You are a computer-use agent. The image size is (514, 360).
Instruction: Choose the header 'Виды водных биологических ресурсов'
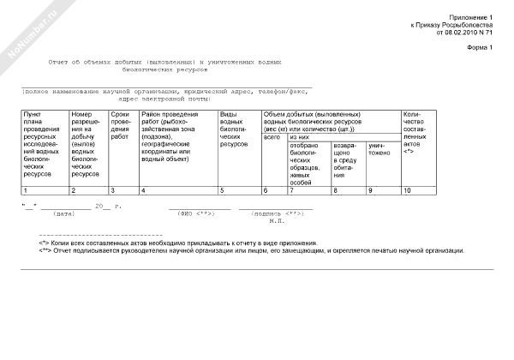click(235, 129)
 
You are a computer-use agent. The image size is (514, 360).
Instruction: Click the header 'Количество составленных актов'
click(415, 137)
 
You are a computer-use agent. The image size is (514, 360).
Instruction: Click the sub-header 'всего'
click(272, 137)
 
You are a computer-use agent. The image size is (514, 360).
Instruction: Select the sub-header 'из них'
click(299, 137)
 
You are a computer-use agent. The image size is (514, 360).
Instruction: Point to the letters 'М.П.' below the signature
click(276, 221)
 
